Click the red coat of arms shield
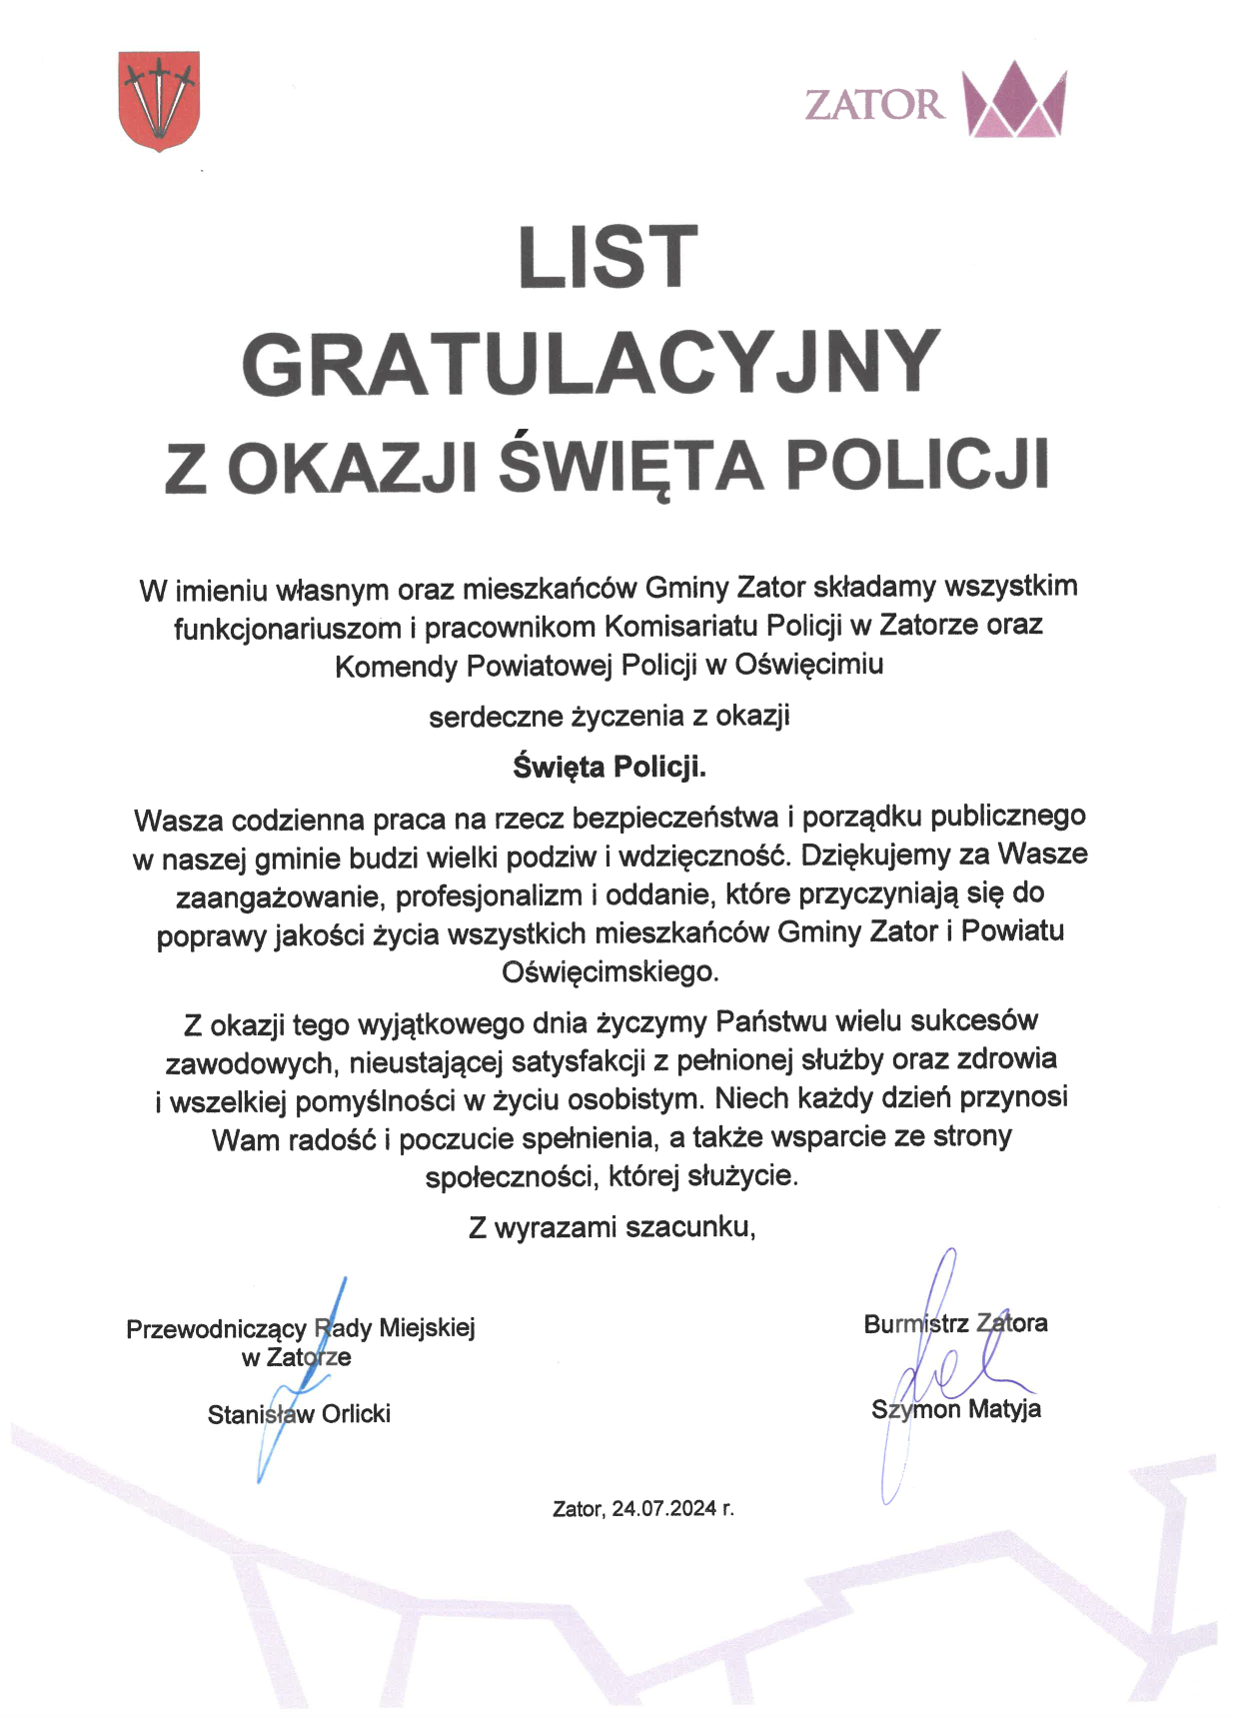[159, 100]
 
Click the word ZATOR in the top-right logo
[874, 105]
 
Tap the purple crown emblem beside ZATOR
[1014, 100]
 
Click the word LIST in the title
[608, 257]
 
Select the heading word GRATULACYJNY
[591, 363]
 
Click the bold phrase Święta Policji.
[610, 767]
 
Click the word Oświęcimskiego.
[610, 971]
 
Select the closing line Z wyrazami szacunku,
[612, 1226]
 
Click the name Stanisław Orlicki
[299, 1414]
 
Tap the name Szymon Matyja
[956, 1409]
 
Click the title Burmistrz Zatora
[955, 1323]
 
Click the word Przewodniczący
[216, 1328]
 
